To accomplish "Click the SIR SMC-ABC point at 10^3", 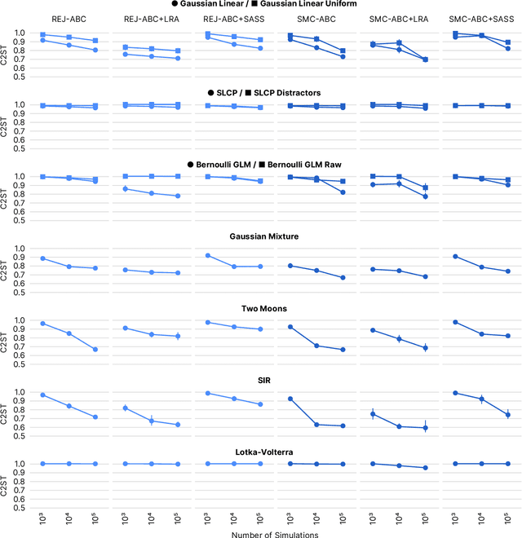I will [290, 399].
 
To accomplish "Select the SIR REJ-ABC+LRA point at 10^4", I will [151, 421].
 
